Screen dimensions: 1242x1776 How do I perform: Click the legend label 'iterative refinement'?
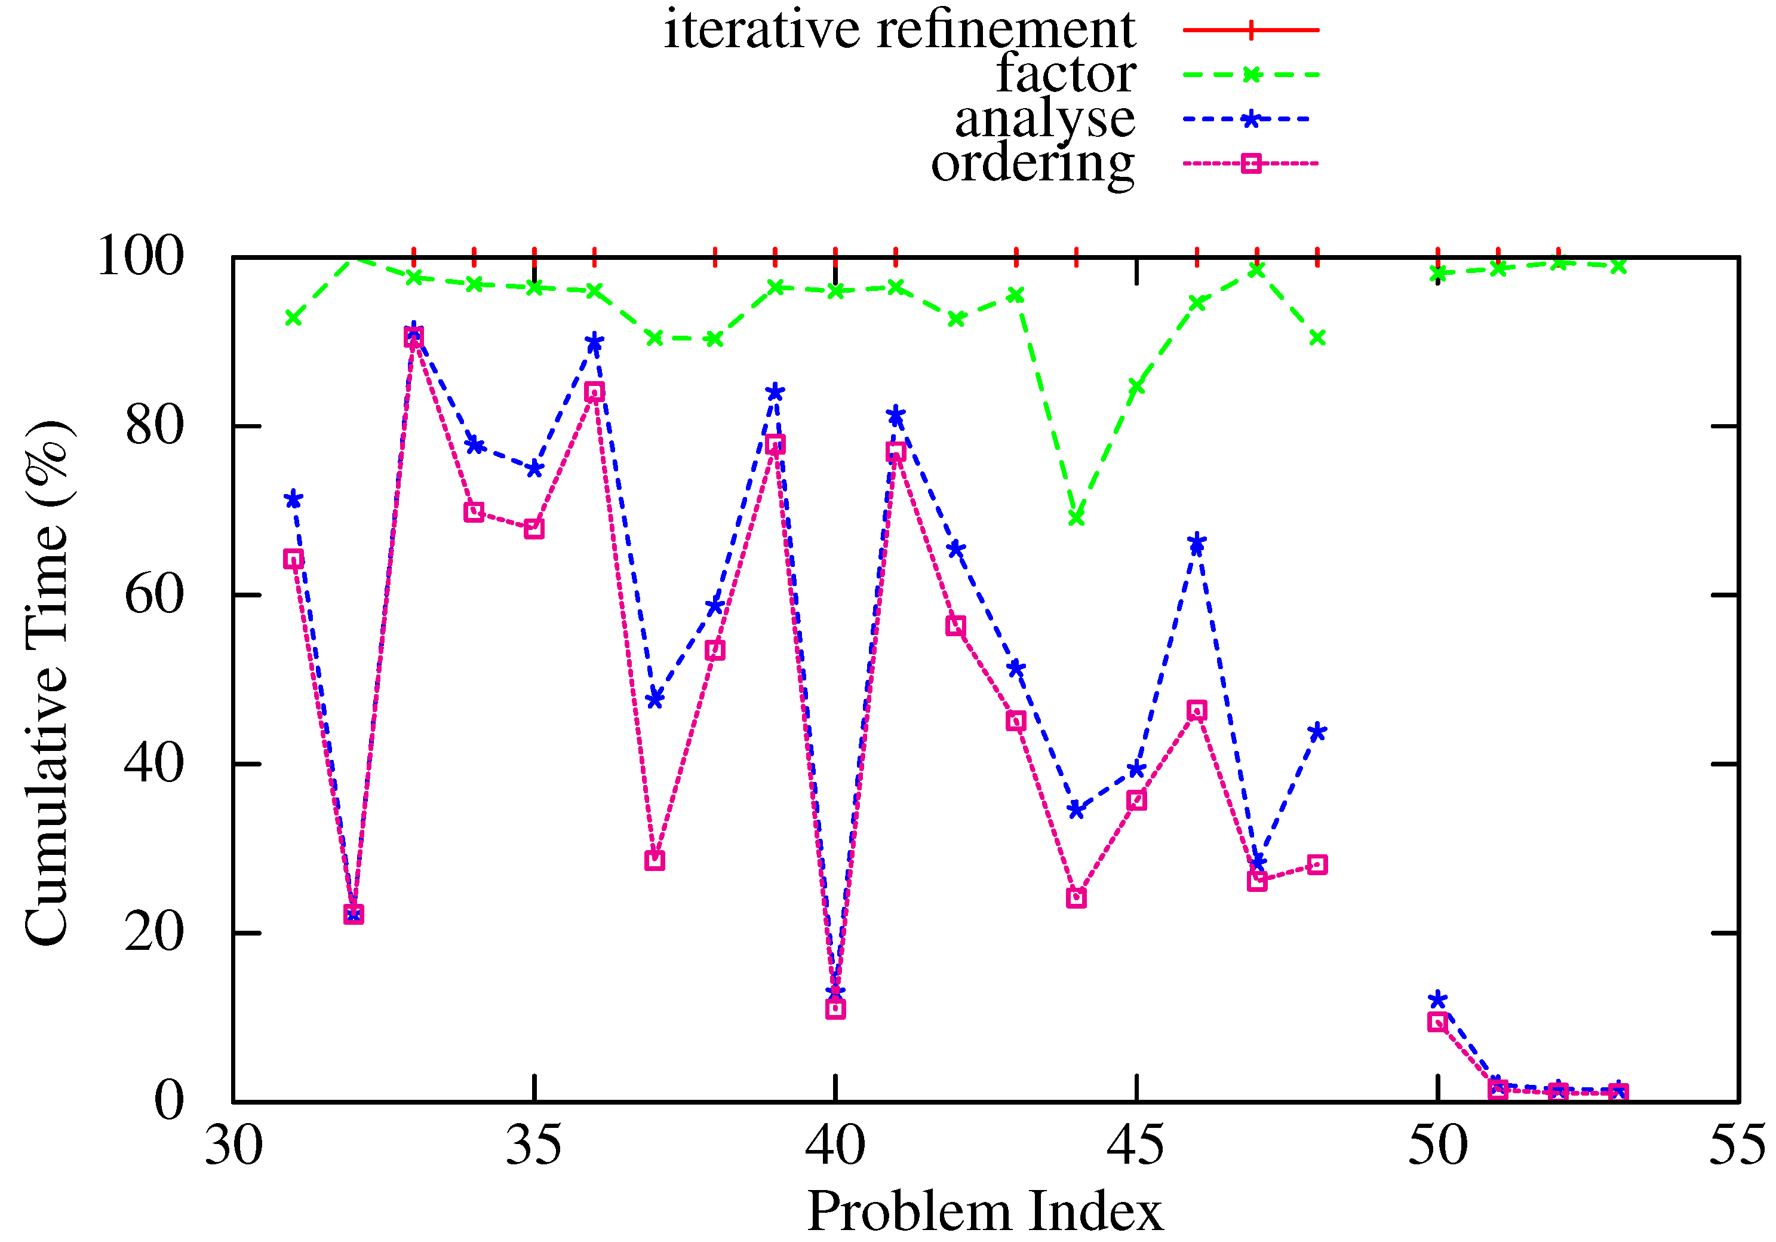point(899,31)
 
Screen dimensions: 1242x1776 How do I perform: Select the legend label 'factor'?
point(1066,74)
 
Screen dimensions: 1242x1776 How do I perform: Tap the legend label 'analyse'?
point(1044,119)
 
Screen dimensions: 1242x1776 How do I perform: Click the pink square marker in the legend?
point(1250,163)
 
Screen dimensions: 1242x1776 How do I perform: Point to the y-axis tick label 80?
point(155,425)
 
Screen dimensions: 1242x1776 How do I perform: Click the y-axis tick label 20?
point(155,933)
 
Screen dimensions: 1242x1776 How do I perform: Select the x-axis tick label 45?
point(1135,1146)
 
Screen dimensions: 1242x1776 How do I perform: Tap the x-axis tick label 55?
point(1737,1146)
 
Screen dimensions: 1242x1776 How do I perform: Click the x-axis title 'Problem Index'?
point(985,1212)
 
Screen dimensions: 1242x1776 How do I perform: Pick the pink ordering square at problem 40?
point(835,1009)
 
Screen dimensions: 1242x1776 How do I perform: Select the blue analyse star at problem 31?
point(293,499)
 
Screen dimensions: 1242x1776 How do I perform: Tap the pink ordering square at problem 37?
point(655,860)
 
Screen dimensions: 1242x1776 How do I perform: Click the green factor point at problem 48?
point(1317,338)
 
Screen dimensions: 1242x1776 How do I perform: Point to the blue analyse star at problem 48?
point(1317,732)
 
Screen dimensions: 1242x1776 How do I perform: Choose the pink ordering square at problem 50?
point(1437,1022)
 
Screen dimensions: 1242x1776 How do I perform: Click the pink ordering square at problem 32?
point(354,915)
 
